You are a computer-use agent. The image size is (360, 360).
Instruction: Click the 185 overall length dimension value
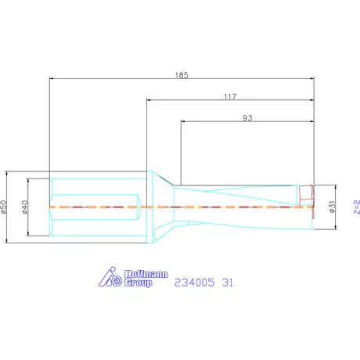click(183, 76)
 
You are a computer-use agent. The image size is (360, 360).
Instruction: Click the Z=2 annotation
click(355, 207)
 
